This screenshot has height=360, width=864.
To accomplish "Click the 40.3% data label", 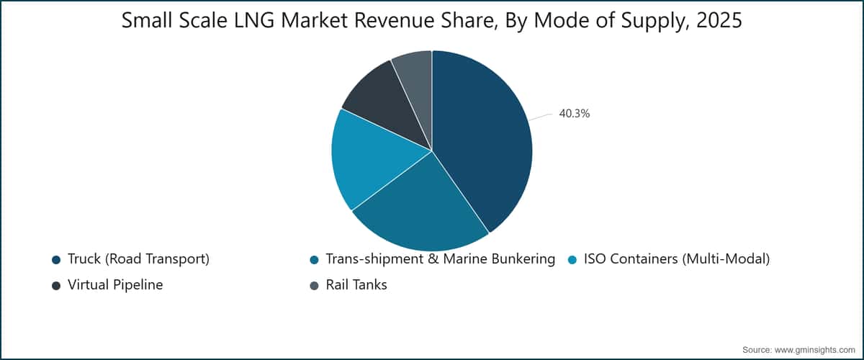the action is click(575, 114).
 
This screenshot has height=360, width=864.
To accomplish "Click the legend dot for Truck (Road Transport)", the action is click(56, 260).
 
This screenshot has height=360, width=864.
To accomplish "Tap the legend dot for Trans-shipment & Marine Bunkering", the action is click(315, 260).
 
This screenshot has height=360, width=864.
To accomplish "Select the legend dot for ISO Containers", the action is click(572, 260).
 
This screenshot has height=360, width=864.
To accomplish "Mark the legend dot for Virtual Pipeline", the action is click(56, 286).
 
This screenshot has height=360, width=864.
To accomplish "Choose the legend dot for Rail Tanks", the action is click(315, 286).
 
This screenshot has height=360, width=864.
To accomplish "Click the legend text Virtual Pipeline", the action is click(115, 284).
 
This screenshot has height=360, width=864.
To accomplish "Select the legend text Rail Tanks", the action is click(356, 284).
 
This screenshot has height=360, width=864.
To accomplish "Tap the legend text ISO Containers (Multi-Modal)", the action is click(677, 259).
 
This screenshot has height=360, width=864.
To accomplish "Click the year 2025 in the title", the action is click(719, 20).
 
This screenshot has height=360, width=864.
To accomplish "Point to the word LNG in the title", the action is click(255, 20).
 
